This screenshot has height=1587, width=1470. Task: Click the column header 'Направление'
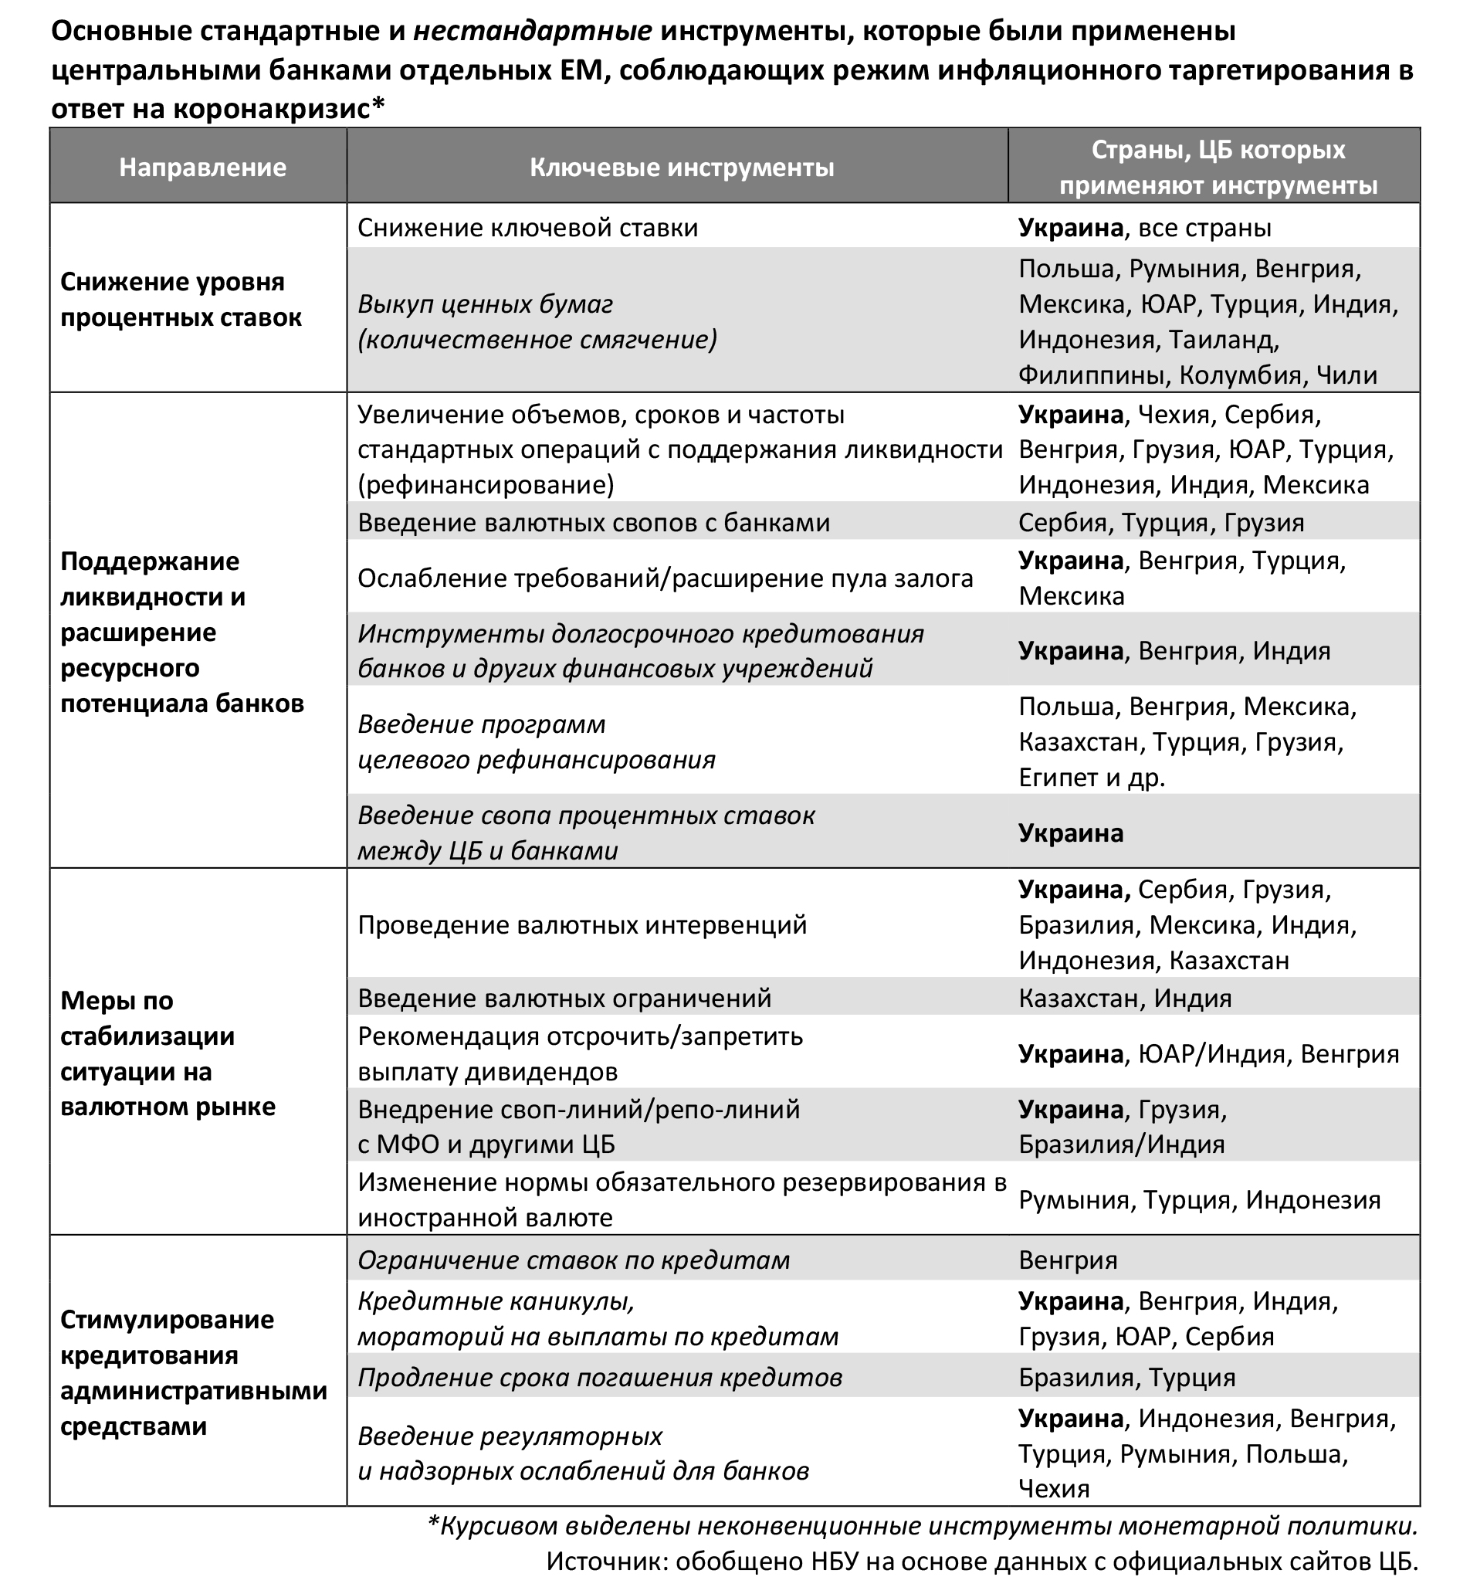202,168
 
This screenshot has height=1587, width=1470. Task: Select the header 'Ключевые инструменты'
682,168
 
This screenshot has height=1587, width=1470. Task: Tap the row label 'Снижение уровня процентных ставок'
181,300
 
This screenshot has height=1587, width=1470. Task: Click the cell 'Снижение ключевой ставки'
527,229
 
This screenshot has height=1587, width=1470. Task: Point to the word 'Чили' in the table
1346,375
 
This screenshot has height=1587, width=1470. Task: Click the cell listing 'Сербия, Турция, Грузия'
1161,523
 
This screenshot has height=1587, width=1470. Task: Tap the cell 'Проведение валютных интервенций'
582,925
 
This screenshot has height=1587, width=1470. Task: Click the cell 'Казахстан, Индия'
1125,999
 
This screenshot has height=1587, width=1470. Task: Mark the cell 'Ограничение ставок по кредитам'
574,1260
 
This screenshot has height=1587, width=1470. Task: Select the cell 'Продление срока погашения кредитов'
600,1377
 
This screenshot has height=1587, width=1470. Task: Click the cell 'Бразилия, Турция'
1127,1377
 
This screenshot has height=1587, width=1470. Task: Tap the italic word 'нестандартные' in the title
532,32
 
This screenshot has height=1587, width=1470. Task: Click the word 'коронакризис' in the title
271,109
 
